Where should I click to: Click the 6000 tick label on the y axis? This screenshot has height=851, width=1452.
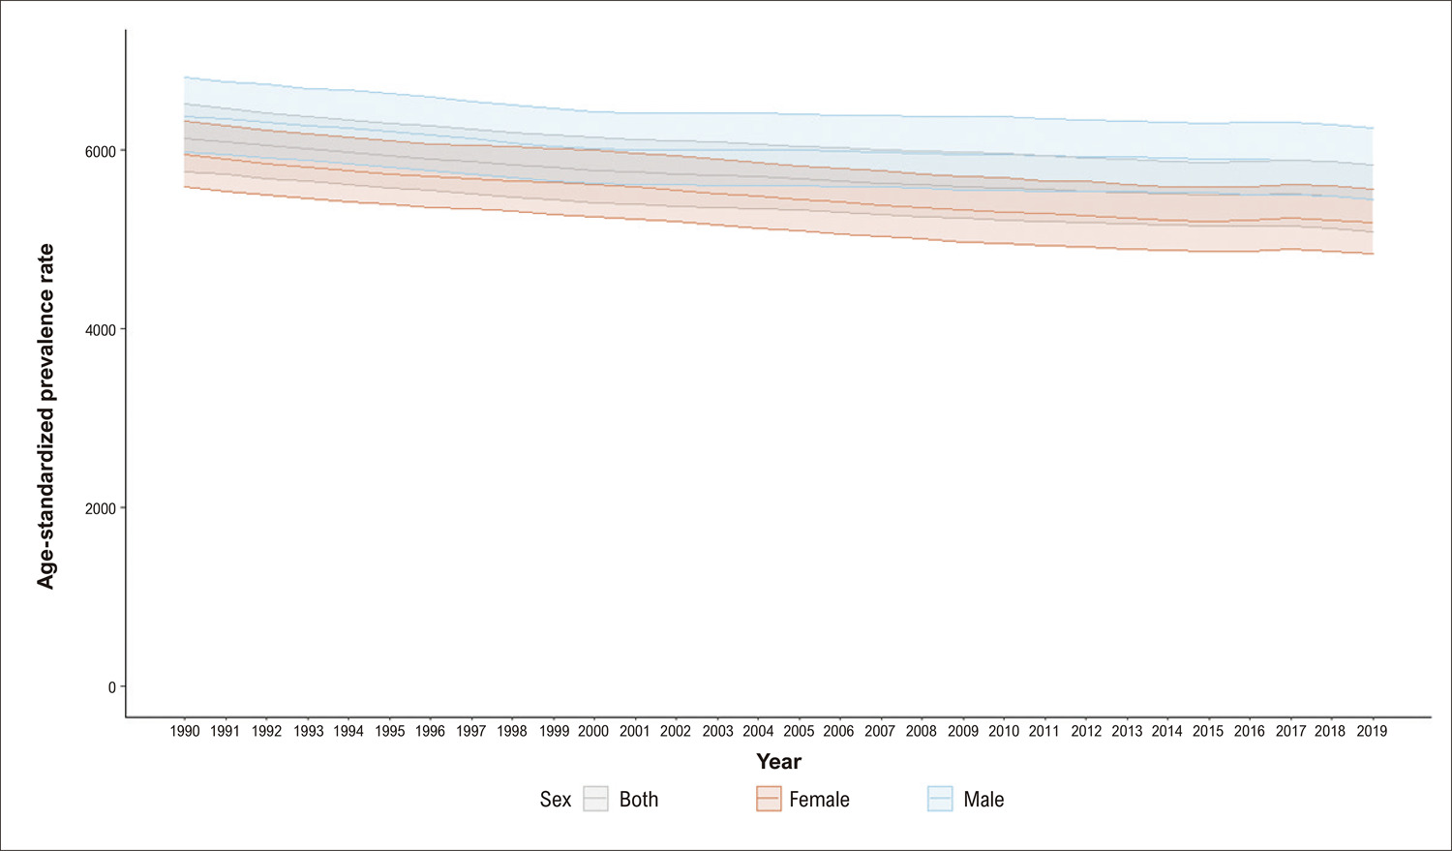[100, 151]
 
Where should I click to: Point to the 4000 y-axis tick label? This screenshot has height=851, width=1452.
[100, 330]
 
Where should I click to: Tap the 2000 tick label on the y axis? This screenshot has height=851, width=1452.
[100, 508]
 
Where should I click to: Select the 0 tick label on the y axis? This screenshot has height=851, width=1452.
[112, 687]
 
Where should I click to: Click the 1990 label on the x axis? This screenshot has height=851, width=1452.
[185, 731]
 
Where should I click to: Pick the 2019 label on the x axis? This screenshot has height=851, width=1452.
[1373, 731]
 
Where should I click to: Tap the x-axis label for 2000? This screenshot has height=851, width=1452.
[593, 731]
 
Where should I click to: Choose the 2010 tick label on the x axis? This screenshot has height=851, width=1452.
[1004, 731]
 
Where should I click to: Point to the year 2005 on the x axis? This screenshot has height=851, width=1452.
[799, 731]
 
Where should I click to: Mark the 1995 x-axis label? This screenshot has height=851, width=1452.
[389, 731]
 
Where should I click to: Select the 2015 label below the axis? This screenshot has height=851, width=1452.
[1208, 731]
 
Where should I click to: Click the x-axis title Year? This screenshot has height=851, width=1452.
[778, 762]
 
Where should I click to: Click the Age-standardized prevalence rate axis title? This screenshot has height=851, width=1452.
[45, 416]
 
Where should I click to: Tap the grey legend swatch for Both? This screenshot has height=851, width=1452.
[595, 799]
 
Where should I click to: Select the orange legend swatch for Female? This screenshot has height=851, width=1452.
[769, 799]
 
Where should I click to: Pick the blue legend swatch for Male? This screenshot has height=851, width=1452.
[940, 799]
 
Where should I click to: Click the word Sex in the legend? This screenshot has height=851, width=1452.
[556, 799]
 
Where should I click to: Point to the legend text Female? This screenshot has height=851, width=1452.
[819, 799]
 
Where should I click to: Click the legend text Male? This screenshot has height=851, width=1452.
[983, 799]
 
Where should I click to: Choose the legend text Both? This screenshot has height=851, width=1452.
[639, 799]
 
